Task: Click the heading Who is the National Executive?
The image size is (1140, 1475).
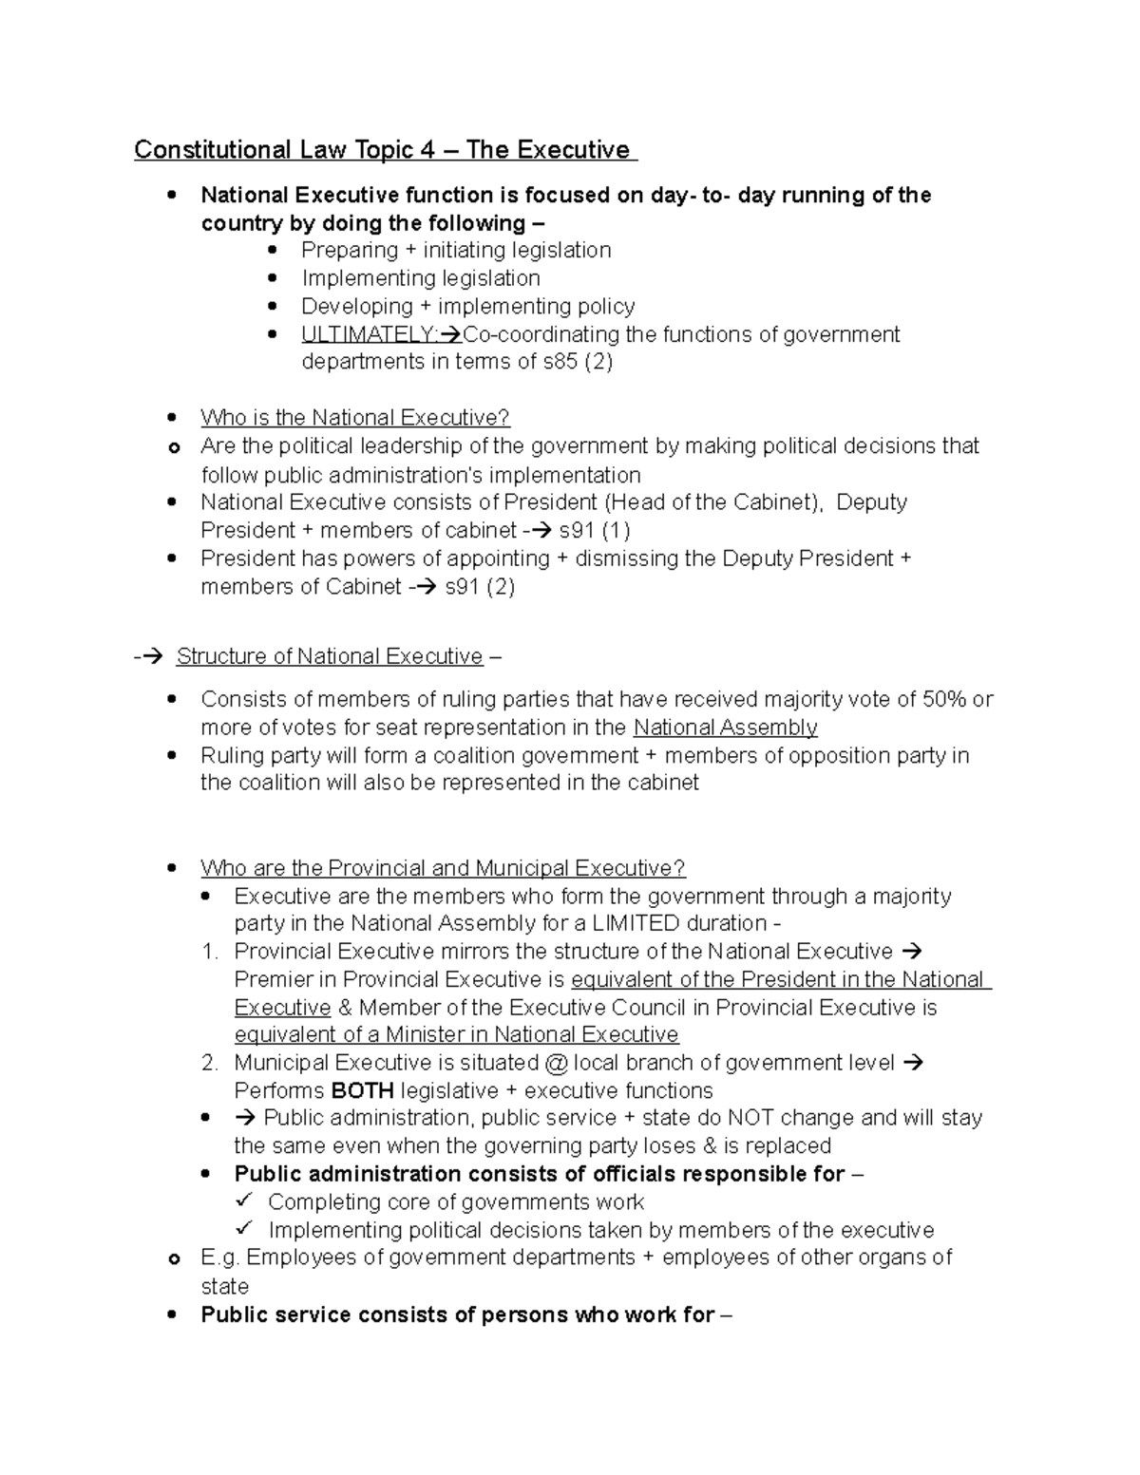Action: click(355, 418)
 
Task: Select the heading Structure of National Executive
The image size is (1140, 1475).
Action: click(330, 656)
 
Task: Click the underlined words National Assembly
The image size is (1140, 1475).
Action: click(725, 728)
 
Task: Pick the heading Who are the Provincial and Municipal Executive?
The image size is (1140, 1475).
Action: click(443, 868)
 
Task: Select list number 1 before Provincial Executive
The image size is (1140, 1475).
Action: click(210, 952)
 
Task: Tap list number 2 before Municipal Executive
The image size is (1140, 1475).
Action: click(210, 1063)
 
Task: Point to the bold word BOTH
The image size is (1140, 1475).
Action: click(362, 1090)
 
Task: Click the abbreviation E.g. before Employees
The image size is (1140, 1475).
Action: click(220, 1258)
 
